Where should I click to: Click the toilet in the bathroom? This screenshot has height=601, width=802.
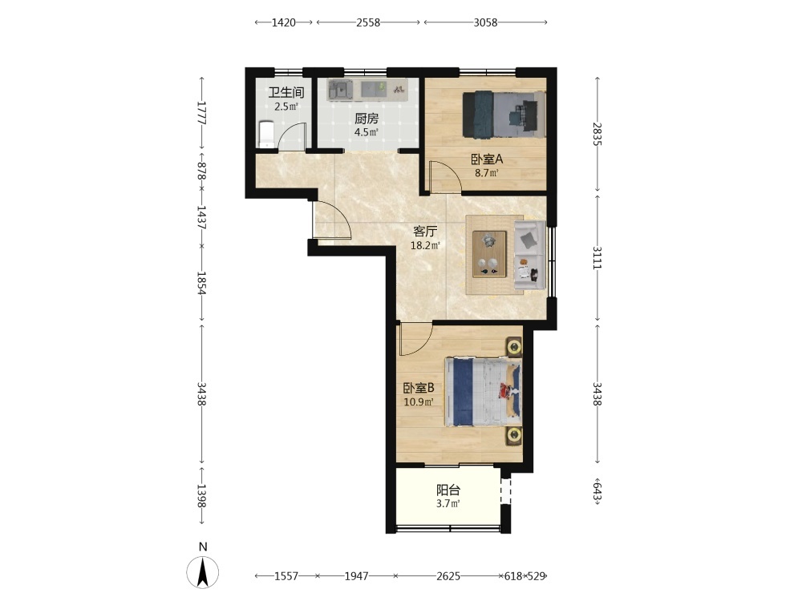point(266,134)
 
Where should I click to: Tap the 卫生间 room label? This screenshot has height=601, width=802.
point(286,92)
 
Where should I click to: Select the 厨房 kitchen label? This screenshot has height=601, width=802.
point(367,119)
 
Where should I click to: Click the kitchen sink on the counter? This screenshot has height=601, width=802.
point(339,91)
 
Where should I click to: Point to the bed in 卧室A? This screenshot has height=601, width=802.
point(504,115)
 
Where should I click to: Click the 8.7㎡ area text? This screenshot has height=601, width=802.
point(487,173)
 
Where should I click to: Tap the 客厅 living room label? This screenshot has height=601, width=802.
point(425,232)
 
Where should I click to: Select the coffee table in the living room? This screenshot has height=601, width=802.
point(489,254)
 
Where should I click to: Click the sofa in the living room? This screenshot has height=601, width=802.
point(530,255)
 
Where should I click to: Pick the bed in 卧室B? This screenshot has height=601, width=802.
point(484,392)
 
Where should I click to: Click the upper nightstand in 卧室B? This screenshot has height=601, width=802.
point(514,348)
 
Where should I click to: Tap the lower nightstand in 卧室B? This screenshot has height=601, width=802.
point(514,435)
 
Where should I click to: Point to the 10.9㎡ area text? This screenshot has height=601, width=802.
point(419,401)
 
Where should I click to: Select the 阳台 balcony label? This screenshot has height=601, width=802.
point(448,490)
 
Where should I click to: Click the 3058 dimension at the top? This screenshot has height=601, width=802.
point(485,22)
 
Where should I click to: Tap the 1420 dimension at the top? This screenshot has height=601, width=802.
point(283,22)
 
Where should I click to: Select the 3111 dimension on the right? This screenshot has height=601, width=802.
point(597,257)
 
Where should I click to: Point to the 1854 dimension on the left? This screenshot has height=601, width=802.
point(202,283)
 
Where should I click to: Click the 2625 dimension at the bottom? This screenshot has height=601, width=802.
point(448,576)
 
